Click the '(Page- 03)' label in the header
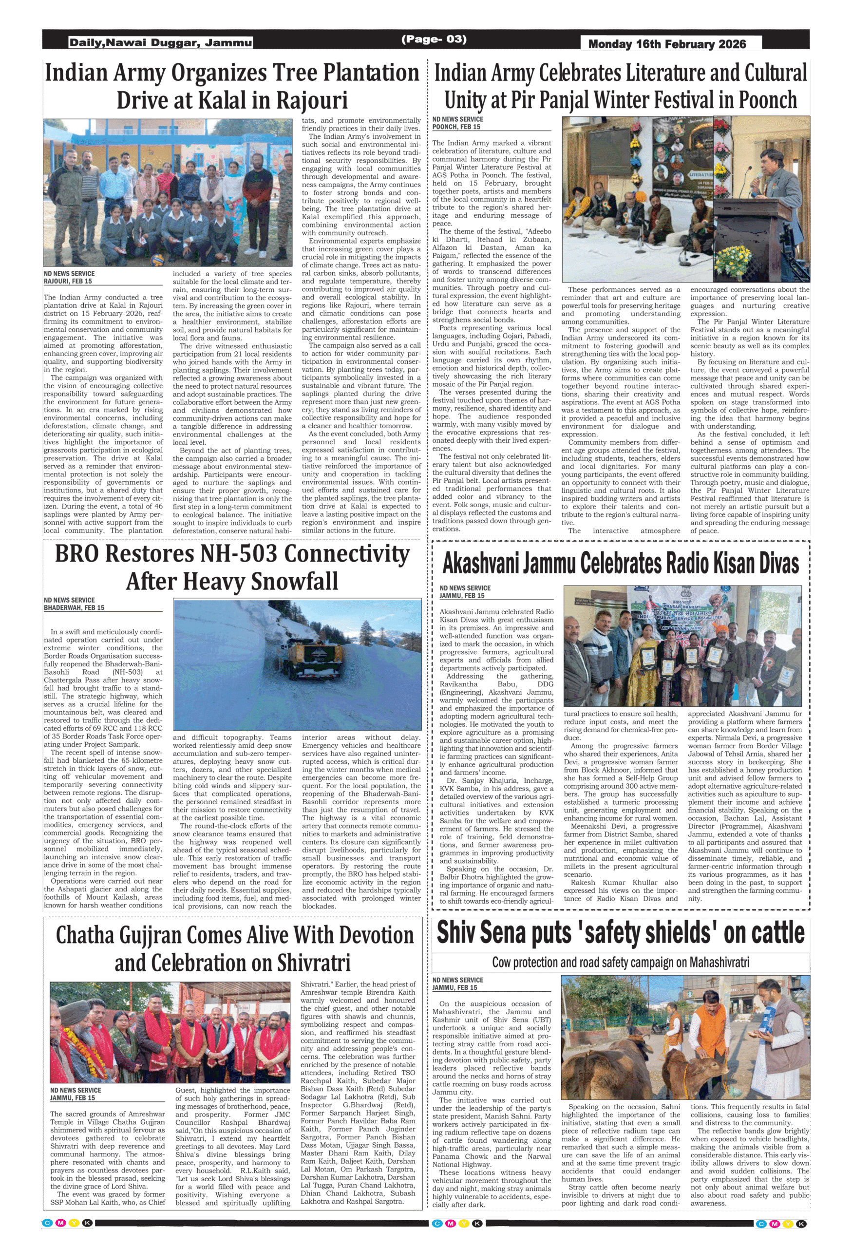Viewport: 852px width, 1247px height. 434,39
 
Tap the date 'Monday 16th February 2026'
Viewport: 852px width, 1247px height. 667,44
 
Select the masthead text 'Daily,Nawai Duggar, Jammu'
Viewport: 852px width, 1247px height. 160,42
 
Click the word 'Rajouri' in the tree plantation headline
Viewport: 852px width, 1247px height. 312,100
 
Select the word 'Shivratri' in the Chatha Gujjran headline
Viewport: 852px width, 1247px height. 314,963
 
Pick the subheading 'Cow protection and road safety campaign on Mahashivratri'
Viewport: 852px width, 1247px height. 620,962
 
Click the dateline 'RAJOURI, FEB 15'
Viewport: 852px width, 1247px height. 68,281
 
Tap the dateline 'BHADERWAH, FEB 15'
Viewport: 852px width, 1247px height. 74,608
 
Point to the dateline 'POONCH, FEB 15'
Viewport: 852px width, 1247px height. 456,127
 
